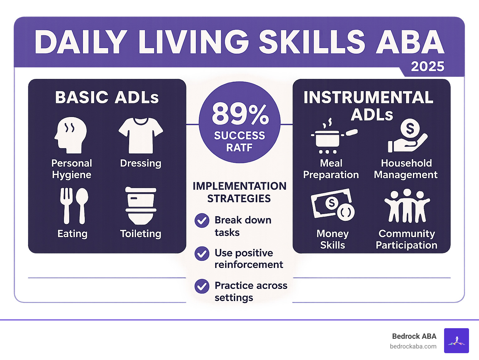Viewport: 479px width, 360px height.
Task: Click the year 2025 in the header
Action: (427, 66)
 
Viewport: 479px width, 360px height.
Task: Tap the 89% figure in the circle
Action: (240, 114)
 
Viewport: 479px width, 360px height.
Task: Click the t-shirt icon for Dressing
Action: (141, 135)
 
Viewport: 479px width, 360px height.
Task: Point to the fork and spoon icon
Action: (74, 206)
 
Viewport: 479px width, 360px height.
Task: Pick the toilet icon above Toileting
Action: (141, 206)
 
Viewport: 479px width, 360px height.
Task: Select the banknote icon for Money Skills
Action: (332, 204)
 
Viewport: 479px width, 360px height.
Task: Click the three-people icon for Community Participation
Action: (407, 206)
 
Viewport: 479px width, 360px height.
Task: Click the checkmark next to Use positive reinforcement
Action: (202, 254)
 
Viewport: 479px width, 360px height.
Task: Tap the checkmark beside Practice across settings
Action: (202, 286)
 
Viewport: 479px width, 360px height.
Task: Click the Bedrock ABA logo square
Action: (456, 341)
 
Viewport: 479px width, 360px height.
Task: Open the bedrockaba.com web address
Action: (413, 346)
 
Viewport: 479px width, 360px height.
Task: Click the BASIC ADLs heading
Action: (107, 97)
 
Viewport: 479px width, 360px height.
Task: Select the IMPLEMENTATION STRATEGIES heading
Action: (239, 192)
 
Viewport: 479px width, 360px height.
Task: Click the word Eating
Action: (72, 234)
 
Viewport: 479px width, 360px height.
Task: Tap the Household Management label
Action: (406, 169)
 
